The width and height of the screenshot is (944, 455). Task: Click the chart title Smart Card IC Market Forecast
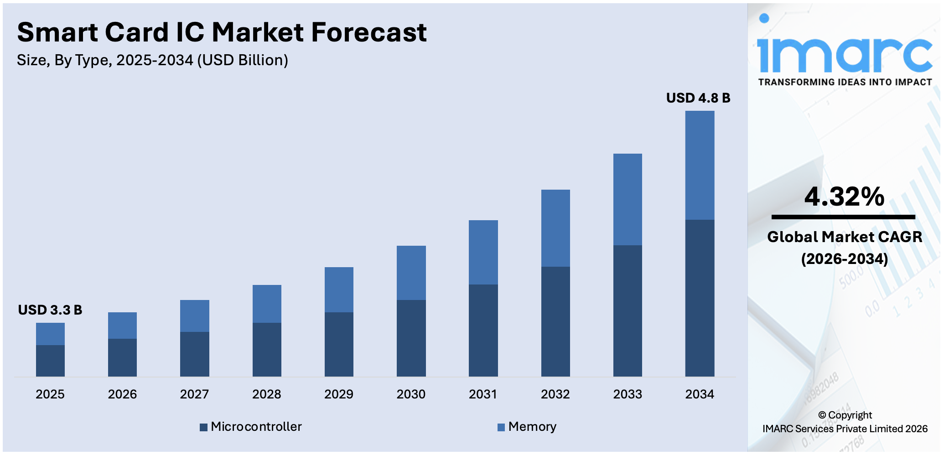coord(222,33)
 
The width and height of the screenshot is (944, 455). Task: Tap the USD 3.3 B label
coord(50,310)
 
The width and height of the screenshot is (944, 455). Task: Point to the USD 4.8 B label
coord(698,98)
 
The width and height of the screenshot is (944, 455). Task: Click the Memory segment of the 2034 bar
coord(700,165)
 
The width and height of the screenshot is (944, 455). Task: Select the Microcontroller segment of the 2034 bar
coord(700,298)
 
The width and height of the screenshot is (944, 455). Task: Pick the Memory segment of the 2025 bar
coord(50,334)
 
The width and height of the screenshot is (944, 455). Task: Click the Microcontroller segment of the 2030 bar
coord(411,338)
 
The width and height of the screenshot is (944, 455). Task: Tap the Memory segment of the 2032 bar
coord(555,228)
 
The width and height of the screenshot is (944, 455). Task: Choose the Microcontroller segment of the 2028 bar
coord(267,349)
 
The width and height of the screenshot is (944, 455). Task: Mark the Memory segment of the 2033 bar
coord(628,199)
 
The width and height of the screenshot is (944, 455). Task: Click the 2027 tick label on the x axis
coord(194,394)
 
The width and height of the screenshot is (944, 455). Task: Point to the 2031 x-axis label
coord(483,394)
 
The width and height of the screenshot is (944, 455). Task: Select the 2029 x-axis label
coord(339,394)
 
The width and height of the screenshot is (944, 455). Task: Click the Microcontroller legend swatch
coord(203,427)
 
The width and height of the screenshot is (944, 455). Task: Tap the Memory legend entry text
coord(532,427)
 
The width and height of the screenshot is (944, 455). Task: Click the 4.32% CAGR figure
coord(844,196)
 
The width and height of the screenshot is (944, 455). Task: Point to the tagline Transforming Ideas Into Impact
coord(845,83)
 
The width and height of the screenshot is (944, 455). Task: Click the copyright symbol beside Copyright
coord(822,415)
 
